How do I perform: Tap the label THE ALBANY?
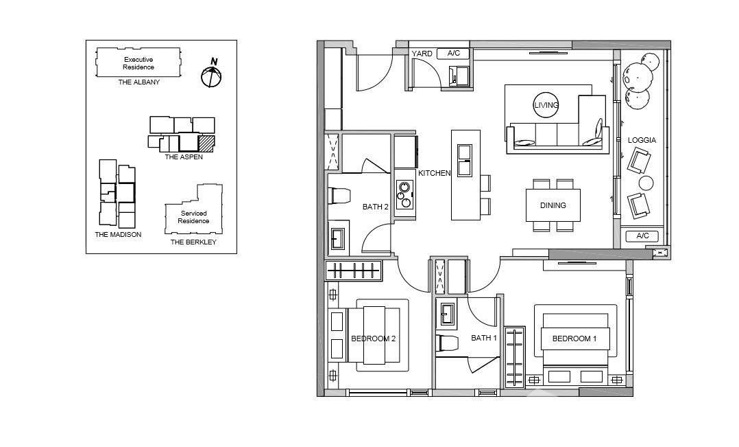[x=138, y=82]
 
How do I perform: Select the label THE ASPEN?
[x=184, y=157]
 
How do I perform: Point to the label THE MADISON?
[x=118, y=235]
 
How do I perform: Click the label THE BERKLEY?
[x=193, y=242]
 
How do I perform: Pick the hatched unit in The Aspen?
[x=206, y=142]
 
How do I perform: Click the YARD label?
[x=422, y=54]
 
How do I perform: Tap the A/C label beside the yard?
[x=454, y=54]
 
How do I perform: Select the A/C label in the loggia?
[x=643, y=236]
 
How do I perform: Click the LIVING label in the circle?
[x=546, y=105]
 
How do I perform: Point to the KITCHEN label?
[x=434, y=173]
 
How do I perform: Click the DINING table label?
[x=553, y=205]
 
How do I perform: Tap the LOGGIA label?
[x=642, y=140]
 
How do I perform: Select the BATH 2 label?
[x=375, y=207]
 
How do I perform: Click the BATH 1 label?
[x=484, y=338]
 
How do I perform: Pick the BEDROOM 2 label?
[x=373, y=339]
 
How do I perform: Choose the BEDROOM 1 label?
[x=574, y=339]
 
